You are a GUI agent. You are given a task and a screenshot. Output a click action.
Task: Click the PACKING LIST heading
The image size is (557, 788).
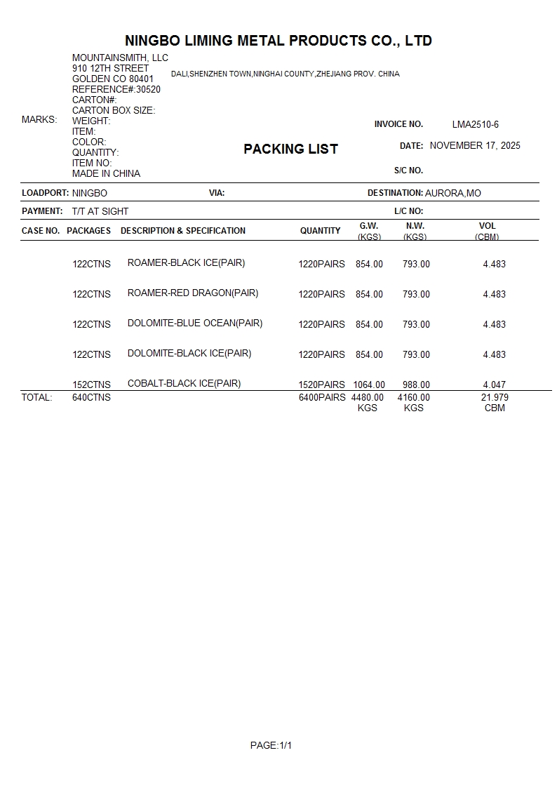click(290, 149)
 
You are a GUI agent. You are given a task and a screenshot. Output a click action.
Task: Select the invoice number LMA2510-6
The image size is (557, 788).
click(475, 125)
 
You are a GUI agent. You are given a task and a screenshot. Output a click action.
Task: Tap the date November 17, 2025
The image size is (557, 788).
click(475, 146)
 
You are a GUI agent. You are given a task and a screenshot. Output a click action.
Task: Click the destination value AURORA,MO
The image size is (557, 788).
click(453, 193)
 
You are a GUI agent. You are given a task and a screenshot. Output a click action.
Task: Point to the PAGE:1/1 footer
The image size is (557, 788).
click(271, 745)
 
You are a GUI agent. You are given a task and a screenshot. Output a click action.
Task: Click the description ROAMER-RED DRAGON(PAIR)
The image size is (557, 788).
click(192, 293)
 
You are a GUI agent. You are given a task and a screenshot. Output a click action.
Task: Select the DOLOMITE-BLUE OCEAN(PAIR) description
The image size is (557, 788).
click(195, 323)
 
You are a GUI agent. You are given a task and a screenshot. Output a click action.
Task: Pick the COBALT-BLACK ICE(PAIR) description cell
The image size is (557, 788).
click(184, 383)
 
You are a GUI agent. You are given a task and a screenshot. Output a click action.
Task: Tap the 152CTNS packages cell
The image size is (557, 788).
click(91, 385)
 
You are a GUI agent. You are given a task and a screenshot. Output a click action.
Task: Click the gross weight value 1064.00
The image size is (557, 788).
click(369, 385)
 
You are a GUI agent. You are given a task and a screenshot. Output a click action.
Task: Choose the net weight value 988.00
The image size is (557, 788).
click(416, 385)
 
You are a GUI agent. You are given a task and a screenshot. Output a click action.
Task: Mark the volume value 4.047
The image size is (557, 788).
click(494, 385)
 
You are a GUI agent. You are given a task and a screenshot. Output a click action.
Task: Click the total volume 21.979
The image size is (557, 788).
click(495, 397)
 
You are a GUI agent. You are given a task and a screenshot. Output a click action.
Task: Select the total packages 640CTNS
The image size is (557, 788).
click(91, 397)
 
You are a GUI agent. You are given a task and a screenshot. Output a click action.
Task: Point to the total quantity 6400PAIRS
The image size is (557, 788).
click(322, 397)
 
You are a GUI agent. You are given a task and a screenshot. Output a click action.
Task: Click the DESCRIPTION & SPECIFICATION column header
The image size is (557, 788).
click(183, 231)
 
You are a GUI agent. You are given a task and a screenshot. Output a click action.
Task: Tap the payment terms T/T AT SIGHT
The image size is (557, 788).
click(100, 211)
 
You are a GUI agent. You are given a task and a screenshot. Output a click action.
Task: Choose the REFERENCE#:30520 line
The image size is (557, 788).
click(116, 89)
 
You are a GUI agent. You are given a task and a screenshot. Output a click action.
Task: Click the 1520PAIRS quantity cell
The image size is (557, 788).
click(321, 385)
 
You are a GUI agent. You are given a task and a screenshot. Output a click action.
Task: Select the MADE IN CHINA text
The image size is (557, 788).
click(106, 173)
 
